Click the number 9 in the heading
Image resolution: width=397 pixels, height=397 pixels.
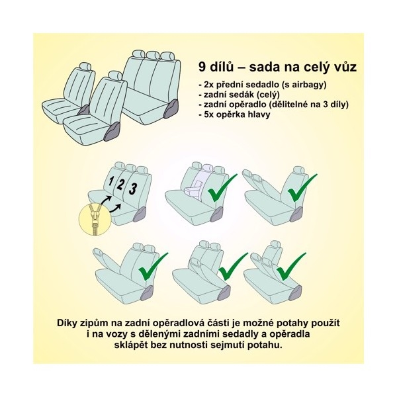pos(202,67)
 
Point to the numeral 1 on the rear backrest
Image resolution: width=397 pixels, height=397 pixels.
pos(110,181)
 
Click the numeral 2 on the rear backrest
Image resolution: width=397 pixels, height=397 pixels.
pos(120,184)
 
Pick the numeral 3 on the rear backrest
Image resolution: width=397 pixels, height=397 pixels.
pos(133,189)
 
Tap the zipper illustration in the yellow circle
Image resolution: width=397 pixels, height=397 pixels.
pos(95,217)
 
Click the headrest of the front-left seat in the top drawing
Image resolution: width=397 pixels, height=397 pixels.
pos(85,66)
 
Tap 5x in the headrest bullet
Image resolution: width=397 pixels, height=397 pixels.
pos(208,114)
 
